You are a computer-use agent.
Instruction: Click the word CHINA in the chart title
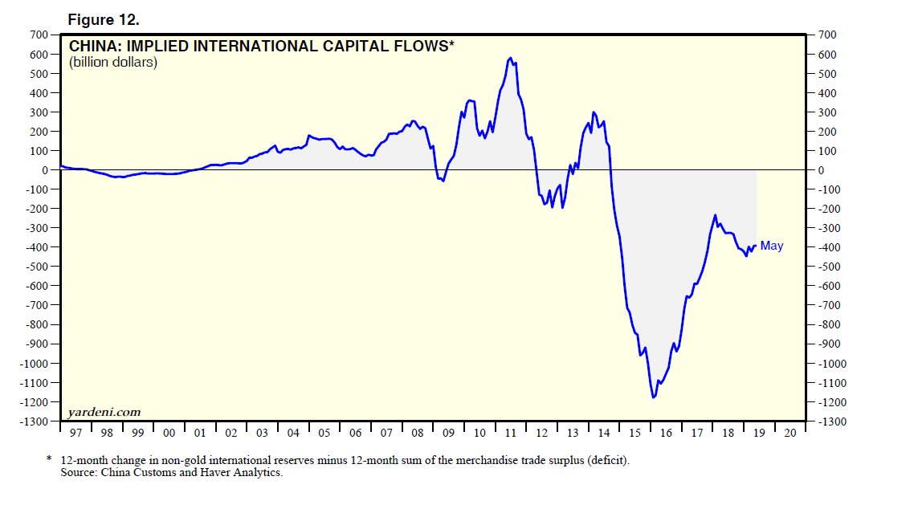92,47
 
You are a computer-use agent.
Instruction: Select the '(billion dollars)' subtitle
113,62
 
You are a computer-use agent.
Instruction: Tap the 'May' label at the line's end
771,246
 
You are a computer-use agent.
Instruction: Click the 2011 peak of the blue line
511,58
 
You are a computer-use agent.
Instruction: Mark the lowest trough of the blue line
654,397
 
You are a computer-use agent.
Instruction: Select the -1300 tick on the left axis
33,422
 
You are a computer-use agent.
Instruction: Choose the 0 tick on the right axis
822,170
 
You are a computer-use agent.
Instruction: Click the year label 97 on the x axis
76,434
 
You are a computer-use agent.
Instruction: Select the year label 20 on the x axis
790,434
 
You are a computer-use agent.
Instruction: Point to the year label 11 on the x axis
511,434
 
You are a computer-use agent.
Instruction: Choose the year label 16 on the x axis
666,434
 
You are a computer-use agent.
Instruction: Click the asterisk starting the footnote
49,460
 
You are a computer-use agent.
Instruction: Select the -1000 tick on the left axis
33,363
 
